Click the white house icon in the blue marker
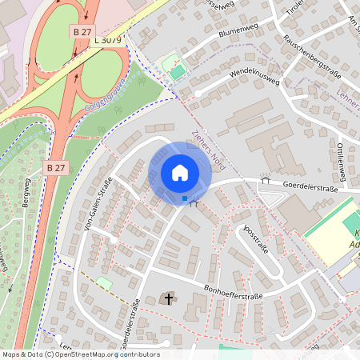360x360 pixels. [x=180, y=173]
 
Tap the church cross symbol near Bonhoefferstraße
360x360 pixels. [x=168, y=299]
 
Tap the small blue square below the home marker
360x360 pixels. [x=185, y=198]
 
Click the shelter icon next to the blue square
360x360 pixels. [x=194, y=202]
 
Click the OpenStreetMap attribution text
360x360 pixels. [x=81, y=354]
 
